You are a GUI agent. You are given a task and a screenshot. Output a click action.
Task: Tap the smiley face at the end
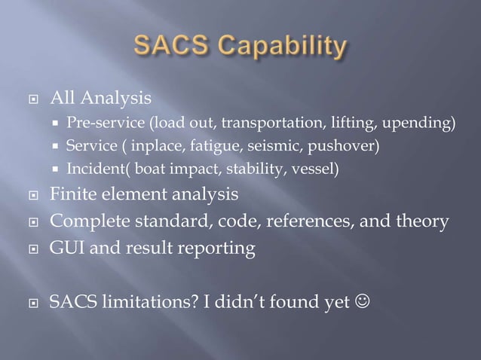(363, 303)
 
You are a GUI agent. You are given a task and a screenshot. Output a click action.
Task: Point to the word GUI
(66, 248)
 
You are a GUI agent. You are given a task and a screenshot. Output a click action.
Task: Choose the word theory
(422, 221)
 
